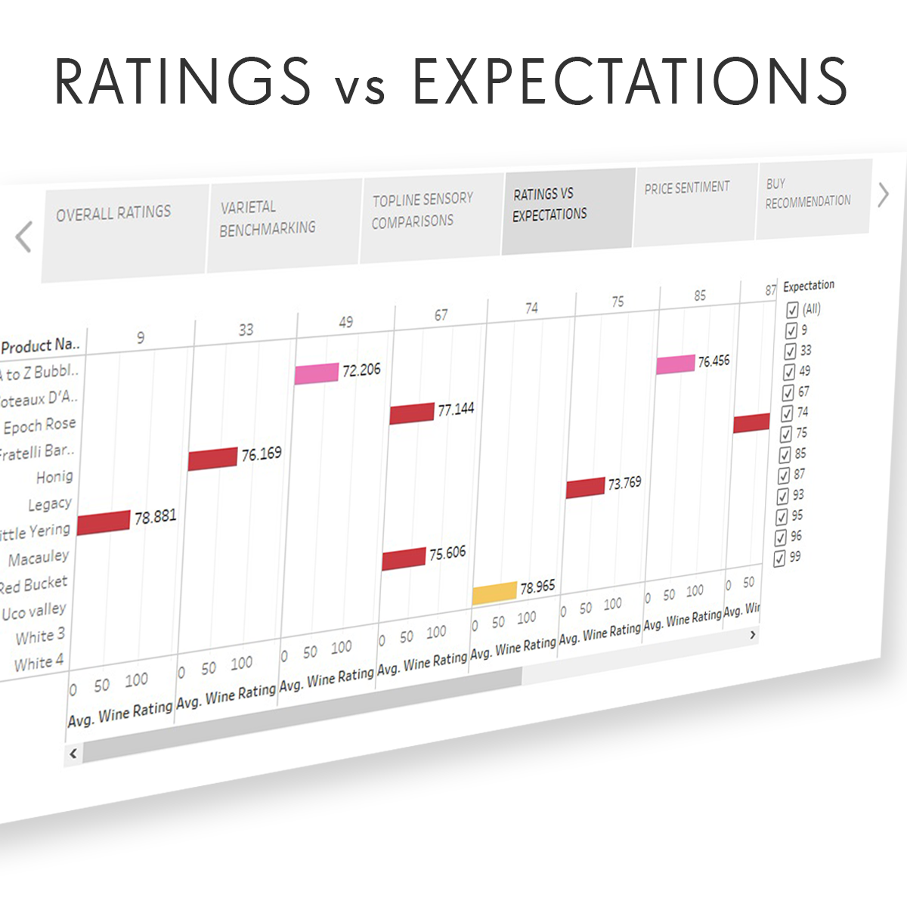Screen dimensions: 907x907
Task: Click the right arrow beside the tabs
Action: click(884, 195)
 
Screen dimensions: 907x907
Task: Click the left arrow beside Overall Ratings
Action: click(24, 237)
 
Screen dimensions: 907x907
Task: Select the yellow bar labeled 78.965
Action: click(494, 593)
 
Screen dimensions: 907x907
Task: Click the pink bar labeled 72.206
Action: click(316, 373)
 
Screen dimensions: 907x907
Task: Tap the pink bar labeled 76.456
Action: click(675, 364)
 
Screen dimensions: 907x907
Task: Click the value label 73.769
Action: click(624, 483)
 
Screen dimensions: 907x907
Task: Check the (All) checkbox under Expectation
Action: click(792, 310)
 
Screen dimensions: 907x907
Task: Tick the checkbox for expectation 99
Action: click(780, 559)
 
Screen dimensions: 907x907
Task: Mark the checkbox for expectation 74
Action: click(787, 413)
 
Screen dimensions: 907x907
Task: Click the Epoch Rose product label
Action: click(39, 426)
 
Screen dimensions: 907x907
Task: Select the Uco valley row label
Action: click(34, 611)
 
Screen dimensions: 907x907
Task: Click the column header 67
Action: click(441, 315)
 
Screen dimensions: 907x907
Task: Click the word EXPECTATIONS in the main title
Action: click(629, 82)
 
